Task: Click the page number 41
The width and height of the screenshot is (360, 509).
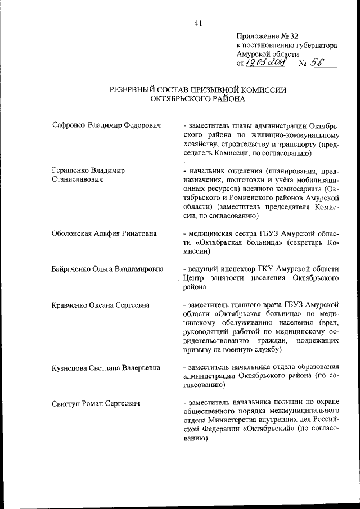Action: point(197,23)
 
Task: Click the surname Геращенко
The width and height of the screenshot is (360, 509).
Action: point(71,169)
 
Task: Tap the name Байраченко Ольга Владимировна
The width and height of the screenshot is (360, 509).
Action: point(107,267)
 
